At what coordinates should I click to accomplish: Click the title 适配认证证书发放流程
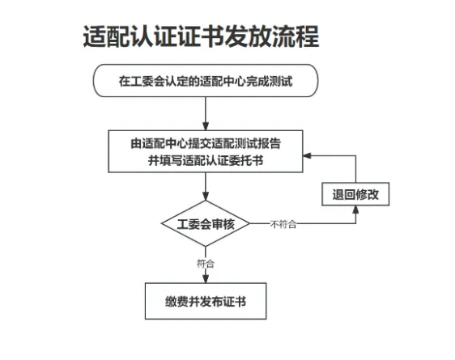(201, 36)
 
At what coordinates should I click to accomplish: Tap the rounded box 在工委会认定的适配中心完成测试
(206, 81)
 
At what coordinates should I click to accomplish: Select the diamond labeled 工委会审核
(206, 223)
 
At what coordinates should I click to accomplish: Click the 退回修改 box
(355, 194)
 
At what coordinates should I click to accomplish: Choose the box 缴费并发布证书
(206, 301)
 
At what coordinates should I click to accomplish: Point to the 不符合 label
(283, 224)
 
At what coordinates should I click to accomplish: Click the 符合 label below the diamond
(206, 264)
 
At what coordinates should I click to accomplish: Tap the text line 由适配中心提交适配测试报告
(206, 143)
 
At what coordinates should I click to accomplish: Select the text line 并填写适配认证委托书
(206, 160)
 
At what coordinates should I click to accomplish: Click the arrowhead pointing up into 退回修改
(355, 210)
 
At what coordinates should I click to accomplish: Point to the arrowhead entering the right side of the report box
(307, 155)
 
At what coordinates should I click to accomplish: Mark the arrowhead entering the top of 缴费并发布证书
(206, 279)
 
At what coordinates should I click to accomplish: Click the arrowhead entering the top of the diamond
(206, 197)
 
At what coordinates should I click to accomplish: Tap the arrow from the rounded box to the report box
(206, 113)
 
